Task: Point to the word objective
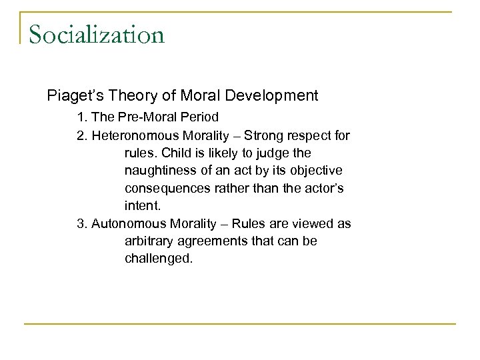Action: [319, 170]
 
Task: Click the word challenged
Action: [159, 258]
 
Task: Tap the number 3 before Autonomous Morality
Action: [81, 223]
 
